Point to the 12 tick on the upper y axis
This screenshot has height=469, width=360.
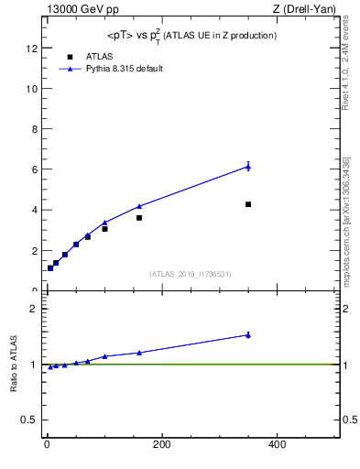point(32,49)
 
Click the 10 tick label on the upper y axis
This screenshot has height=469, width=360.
point(32,89)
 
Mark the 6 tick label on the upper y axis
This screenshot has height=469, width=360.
point(34,169)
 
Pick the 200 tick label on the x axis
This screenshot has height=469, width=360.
point(161,444)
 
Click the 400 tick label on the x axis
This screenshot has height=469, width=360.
point(276,444)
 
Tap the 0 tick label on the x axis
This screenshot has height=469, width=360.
point(47,444)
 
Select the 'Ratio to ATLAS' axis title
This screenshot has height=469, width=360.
point(14,364)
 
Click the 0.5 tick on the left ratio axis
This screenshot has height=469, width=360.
point(29,420)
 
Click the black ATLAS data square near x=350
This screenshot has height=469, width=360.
point(248,204)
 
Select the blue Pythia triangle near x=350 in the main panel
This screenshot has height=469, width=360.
point(248,166)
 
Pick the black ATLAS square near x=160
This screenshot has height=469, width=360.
point(139,218)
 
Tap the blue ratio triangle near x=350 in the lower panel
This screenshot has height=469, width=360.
point(248,335)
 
